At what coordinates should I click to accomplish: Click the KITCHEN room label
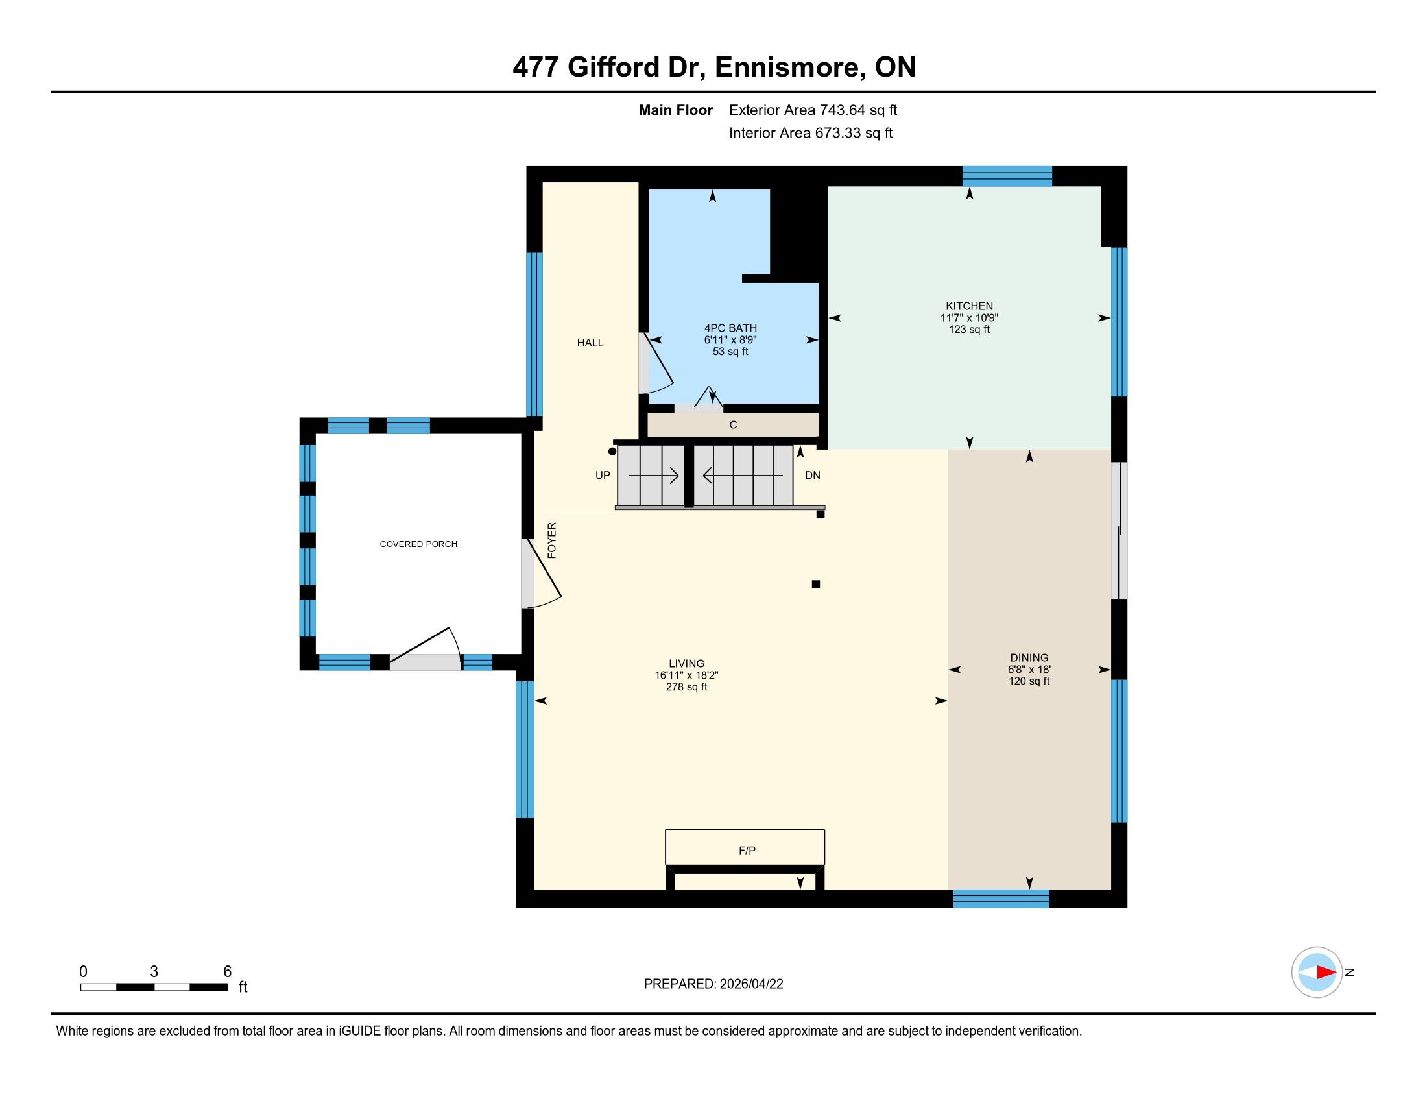coord(969,306)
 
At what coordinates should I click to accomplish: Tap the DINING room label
coord(1029,657)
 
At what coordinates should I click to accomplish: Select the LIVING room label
coord(687,663)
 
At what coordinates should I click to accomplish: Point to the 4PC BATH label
coord(730,328)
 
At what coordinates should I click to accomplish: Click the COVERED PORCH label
coord(419,544)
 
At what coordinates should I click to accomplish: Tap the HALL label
coord(590,343)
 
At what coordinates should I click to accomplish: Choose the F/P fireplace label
coord(747,850)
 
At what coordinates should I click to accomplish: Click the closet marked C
coord(733,425)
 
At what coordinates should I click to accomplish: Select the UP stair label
coord(603,475)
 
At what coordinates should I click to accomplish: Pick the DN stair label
coord(812,475)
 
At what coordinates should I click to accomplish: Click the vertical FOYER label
coord(552,540)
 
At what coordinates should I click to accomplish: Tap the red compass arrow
coord(1326,973)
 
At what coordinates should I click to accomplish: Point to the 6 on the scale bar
coord(228,971)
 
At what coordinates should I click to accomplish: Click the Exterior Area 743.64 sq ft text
coord(813,110)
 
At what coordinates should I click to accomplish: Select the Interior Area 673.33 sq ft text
coord(810,132)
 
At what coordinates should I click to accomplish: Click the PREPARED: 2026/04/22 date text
coord(713,984)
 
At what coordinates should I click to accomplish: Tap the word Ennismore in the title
coord(787,67)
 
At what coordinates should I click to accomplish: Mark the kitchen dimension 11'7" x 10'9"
coord(969,317)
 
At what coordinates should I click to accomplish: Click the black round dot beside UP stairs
coord(612,452)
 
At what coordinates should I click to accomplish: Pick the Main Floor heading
coord(676,110)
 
